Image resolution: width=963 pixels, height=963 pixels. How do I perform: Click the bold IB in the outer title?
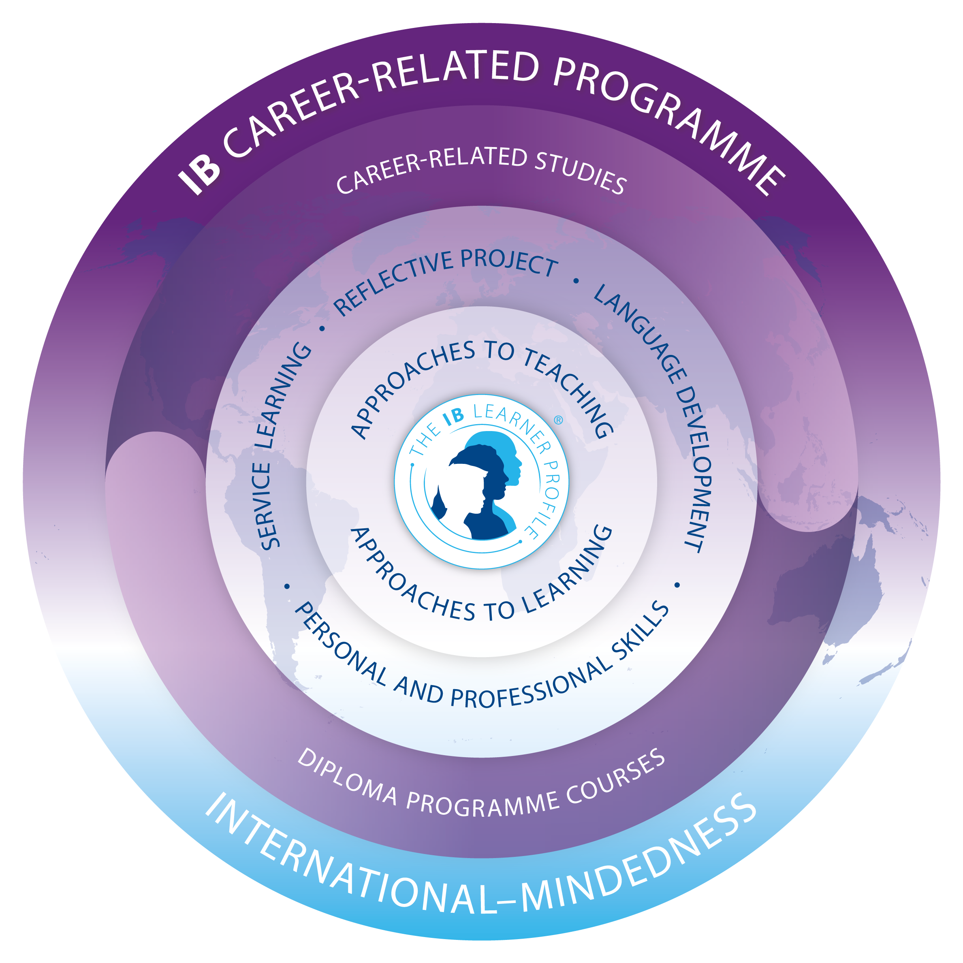point(199,171)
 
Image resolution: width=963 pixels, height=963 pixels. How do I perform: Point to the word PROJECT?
point(508,262)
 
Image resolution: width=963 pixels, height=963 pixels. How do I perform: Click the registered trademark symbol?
point(558,420)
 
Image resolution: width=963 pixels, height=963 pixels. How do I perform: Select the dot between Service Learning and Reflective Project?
point(322,329)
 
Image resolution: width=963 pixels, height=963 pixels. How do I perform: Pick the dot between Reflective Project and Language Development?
point(576,281)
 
